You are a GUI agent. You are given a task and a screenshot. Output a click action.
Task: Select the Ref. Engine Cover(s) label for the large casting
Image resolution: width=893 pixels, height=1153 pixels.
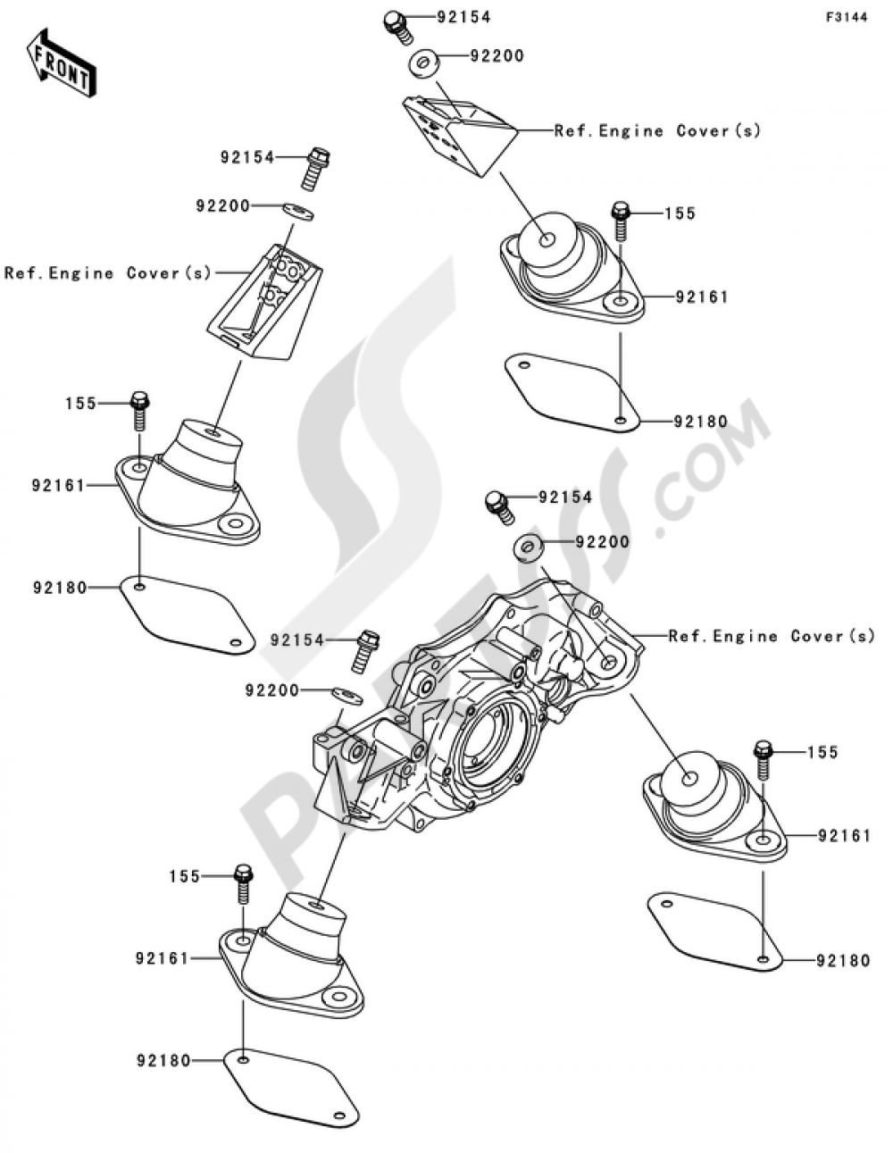772,636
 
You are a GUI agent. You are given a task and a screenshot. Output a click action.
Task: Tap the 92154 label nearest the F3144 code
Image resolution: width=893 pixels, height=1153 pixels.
464,17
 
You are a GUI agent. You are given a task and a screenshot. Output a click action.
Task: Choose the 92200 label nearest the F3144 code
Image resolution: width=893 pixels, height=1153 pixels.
497,55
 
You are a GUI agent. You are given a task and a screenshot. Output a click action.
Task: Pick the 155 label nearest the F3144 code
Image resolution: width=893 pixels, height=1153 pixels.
680,213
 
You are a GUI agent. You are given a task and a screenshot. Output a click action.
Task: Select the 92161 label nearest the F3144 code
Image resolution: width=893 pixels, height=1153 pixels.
702,297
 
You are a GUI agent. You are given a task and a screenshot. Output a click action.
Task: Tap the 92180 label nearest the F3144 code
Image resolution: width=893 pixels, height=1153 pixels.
701,422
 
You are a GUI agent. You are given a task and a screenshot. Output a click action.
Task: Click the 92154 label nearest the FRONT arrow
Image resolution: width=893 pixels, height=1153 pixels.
248,157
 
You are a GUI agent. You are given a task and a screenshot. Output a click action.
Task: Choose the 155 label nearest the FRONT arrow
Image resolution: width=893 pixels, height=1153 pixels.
80,403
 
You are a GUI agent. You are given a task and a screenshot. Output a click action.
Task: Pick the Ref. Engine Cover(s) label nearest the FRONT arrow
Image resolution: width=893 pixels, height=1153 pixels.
108,272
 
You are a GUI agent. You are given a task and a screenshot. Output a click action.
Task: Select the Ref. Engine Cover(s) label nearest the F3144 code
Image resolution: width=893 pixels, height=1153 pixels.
657,130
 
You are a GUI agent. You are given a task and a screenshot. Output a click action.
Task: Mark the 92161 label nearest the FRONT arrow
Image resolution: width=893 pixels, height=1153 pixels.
58,486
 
